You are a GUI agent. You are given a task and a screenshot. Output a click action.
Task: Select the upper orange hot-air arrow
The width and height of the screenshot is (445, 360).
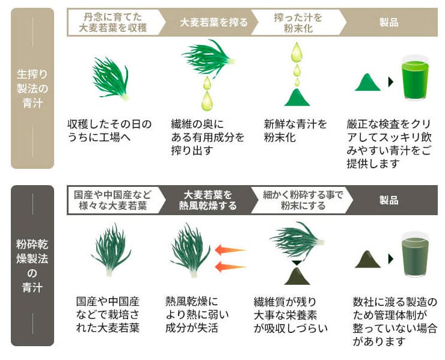click(x=230, y=250)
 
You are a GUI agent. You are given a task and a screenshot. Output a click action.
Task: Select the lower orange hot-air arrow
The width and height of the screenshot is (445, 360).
click(x=230, y=267)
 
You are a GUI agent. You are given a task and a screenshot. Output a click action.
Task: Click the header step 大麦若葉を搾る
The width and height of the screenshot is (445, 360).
click(x=213, y=22)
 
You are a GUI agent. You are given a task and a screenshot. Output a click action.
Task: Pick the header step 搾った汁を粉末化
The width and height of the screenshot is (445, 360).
click(x=298, y=22)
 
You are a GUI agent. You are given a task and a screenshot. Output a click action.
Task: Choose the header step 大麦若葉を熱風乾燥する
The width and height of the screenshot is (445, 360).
click(x=207, y=200)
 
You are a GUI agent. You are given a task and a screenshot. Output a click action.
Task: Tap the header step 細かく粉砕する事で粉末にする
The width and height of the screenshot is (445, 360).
click(x=303, y=200)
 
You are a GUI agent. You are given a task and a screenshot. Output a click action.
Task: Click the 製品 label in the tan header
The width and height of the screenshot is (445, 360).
click(x=389, y=22)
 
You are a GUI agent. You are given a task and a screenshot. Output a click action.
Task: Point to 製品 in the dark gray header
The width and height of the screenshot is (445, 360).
click(x=389, y=200)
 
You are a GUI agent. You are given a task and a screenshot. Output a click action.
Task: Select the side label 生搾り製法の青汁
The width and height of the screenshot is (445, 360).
click(x=32, y=88)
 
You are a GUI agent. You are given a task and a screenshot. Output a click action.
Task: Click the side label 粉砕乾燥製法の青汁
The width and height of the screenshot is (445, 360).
click(x=32, y=266)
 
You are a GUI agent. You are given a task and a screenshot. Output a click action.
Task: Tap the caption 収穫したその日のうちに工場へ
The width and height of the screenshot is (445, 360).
click(x=109, y=130)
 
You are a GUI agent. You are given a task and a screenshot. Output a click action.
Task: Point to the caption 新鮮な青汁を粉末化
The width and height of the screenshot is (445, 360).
click(x=295, y=130)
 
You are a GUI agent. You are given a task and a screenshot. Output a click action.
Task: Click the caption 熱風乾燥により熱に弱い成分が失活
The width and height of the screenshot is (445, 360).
click(x=197, y=314)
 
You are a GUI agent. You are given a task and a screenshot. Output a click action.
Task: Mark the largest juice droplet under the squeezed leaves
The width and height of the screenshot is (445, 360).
click(x=207, y=101)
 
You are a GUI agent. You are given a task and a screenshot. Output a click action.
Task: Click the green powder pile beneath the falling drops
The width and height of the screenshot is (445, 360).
click(x=297, y=97)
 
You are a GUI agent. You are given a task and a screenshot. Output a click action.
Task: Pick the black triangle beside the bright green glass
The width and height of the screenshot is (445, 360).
click(x=391, y=82)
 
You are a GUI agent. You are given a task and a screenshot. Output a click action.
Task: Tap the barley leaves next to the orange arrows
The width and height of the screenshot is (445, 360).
click(x=190, y=250)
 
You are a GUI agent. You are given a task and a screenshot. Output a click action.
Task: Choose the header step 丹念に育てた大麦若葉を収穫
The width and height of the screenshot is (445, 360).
click(x=112, y=22)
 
